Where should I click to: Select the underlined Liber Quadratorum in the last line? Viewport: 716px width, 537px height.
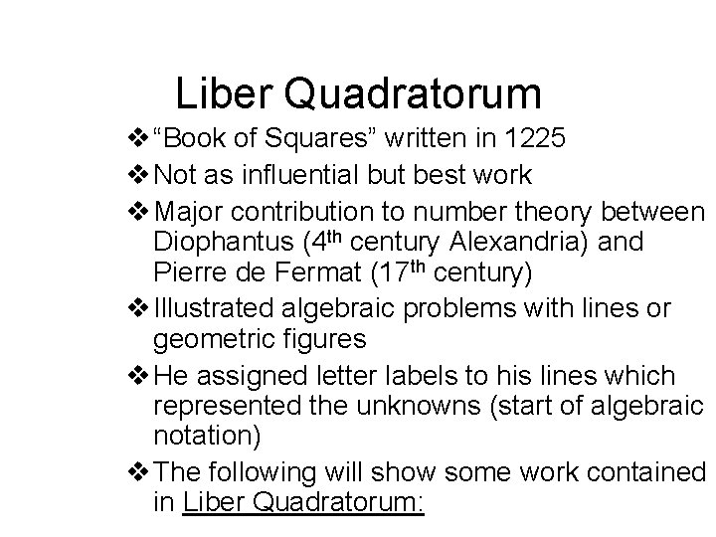tap(303, 502)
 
